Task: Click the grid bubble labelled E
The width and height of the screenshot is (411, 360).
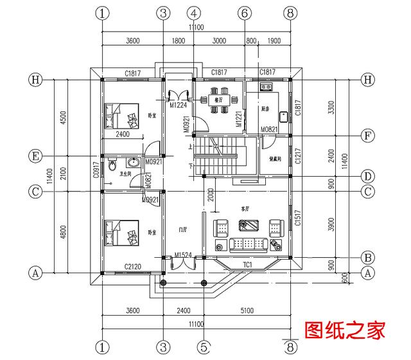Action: pos(36,156)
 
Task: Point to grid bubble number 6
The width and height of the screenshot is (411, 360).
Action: pos(244,13)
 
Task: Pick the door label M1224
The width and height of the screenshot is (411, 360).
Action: pos(177,105)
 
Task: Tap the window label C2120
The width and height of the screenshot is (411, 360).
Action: pos(134,266)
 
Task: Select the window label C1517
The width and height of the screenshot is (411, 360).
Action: pos(298,221)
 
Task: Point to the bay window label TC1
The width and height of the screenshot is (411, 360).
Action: pos(247,264)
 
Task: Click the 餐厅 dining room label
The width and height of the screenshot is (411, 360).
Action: pos(218,100)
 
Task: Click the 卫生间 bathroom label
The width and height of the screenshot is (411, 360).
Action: pos(127,174)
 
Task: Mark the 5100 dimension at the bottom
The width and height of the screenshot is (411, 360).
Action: pos(247,310)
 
